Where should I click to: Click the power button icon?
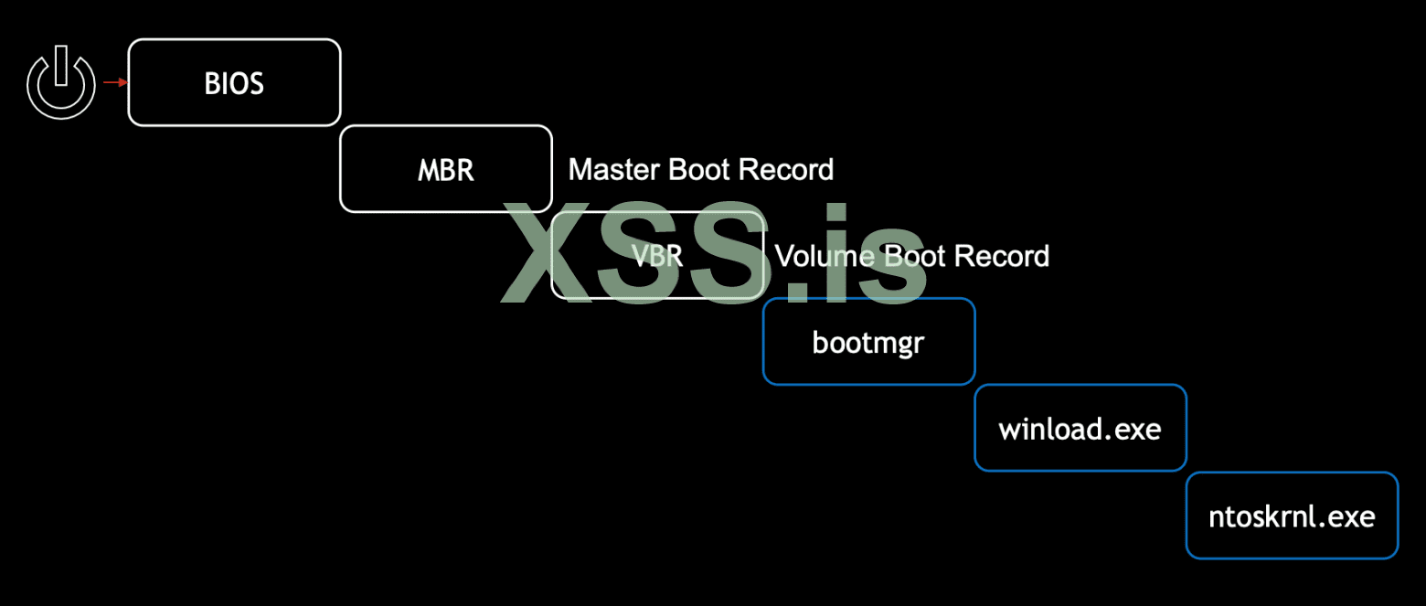[x=61, y=84]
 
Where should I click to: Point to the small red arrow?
[x=114, y=82]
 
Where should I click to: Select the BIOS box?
[x=234, y=82]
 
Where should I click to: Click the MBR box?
[x=446, y=169]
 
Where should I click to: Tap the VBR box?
[x=657, y=255]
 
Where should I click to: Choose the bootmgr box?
[x=869, y=342]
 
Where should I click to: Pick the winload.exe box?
[x=1080, y=428]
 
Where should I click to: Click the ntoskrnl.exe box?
[x=1292, y=515]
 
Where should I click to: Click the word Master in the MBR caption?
[x=615, y=169]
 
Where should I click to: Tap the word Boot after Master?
[x=701, y=169]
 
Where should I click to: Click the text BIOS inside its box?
[x=234, y=83]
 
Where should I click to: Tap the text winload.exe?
[x=1080, y=429]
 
